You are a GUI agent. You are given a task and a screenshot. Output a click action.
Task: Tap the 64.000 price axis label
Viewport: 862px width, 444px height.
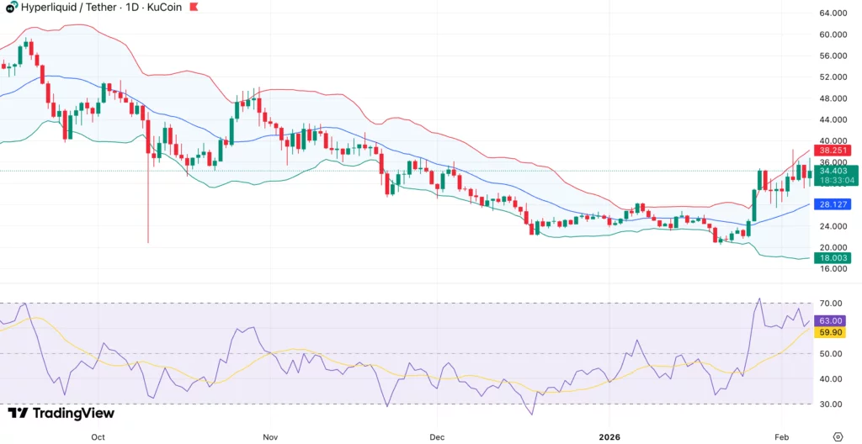tap(832, 13)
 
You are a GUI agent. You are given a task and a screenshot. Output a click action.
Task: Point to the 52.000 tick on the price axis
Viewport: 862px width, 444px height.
tap(832, 77)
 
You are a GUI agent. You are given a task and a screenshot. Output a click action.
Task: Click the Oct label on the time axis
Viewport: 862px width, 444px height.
tap(98, 437)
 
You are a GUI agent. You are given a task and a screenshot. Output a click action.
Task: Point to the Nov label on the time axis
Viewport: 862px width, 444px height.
tap(269, 437)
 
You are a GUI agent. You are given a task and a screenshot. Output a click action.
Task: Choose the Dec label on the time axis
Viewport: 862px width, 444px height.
tap(436, 437)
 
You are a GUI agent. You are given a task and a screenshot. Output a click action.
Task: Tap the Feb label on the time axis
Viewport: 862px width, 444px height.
tap(782, 437)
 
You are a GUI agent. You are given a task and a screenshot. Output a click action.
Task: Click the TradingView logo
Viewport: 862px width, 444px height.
tap(61, 413)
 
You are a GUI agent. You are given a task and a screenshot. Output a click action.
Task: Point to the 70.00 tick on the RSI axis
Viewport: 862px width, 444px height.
tap(831, 303)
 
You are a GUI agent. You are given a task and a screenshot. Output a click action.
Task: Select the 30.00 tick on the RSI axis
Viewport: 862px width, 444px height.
tap(831, 404)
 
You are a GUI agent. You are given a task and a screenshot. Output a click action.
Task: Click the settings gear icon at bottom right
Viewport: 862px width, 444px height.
tap(837, 436)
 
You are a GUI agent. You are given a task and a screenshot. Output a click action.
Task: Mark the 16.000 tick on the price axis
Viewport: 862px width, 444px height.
tap(832, 269)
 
